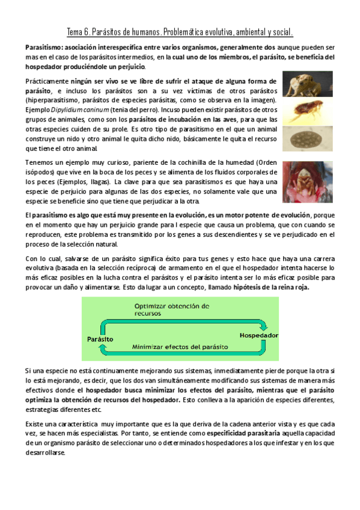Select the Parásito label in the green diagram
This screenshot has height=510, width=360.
100,339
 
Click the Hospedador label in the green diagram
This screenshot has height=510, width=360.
258,334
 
